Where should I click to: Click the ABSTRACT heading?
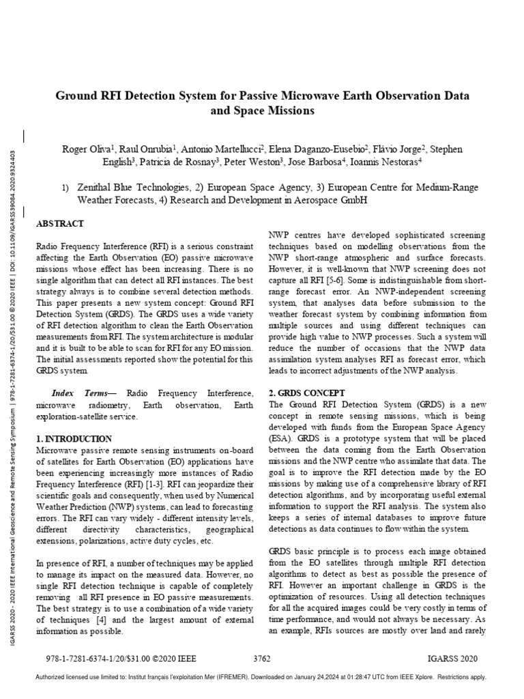[59, 223]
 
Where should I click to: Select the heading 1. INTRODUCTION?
[73, 438]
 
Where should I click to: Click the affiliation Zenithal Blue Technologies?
[132, 187]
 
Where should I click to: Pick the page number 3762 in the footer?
[261, 659]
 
